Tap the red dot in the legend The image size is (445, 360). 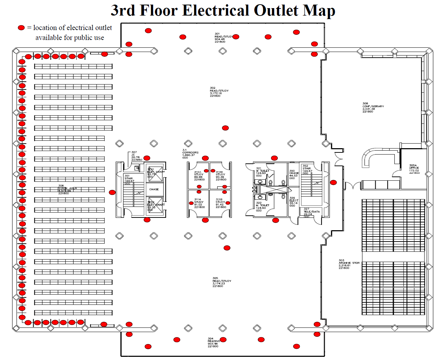coord(21,28)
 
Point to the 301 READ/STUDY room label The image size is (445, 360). coord(223,38)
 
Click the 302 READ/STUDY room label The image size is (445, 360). coord(219,92)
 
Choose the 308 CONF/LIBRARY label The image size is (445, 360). coord(373,108)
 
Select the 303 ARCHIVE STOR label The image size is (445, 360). coord(349,264)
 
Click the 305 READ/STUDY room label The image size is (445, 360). coord(222,282)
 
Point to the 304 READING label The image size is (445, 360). coord(213,342)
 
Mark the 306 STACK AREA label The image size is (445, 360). coord(67,190)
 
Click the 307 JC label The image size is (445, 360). coord(136,156)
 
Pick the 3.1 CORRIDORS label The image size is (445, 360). coord(190,154)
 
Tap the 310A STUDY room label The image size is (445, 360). coord(199,176)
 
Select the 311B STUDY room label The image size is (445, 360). coord(221,203)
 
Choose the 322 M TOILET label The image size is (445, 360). coord(262,207)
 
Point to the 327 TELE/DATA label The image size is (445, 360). coord(311,211)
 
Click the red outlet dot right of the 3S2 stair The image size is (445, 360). coord(333,182)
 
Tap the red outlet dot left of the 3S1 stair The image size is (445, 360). coord(112,192)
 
